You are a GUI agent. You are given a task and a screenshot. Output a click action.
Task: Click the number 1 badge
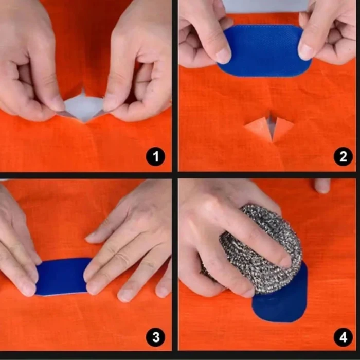155,156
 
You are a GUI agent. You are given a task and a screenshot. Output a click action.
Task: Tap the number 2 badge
343,156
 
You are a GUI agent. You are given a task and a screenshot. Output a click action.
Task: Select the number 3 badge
155,337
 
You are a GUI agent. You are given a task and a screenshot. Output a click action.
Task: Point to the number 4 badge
343,337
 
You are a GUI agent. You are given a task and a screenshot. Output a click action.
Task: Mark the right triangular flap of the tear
281,127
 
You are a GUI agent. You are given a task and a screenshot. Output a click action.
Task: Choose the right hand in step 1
139,62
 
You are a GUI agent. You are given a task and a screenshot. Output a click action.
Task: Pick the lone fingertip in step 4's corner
322,185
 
